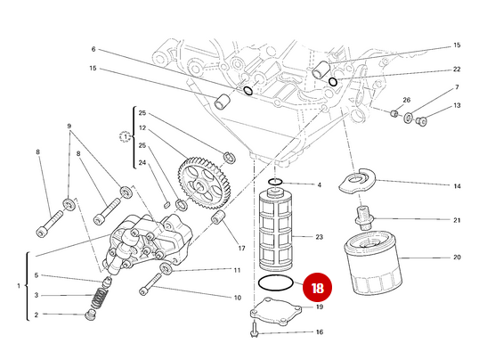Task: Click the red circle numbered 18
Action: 317,288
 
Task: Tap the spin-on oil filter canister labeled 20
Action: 373,264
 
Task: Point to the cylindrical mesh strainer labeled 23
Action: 275,229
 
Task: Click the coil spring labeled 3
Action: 100,298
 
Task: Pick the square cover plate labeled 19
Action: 276,312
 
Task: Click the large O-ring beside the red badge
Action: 275,283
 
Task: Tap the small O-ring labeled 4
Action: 275,182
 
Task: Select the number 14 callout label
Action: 457,186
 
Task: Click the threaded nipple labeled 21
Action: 363,217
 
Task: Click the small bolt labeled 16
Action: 254,331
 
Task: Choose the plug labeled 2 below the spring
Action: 90,315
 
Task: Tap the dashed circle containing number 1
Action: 126,137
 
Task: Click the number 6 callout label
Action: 93,49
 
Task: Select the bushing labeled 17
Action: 218,217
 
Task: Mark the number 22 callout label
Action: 457,69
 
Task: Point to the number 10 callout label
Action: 238,298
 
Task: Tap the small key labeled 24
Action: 166,205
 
